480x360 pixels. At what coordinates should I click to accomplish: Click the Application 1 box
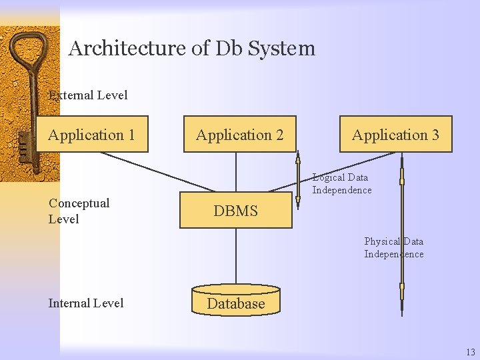[91, 135]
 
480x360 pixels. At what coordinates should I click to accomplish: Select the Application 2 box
[239, 135]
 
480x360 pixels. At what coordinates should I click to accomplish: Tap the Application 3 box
[395, 135]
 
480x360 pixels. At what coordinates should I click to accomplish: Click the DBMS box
[235, 211]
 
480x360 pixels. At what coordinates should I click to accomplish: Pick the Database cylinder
[235, 301]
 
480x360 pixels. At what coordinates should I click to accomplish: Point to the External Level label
[88, 95]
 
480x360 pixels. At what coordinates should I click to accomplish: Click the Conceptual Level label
[79, 211]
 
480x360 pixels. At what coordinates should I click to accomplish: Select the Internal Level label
[85, 303]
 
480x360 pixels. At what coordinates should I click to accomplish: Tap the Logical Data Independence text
[342, 184]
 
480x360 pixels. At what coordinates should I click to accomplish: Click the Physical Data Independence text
[393, 247]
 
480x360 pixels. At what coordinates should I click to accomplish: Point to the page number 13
[471, 352]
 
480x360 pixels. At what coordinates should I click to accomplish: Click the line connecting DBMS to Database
[235, 256]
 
